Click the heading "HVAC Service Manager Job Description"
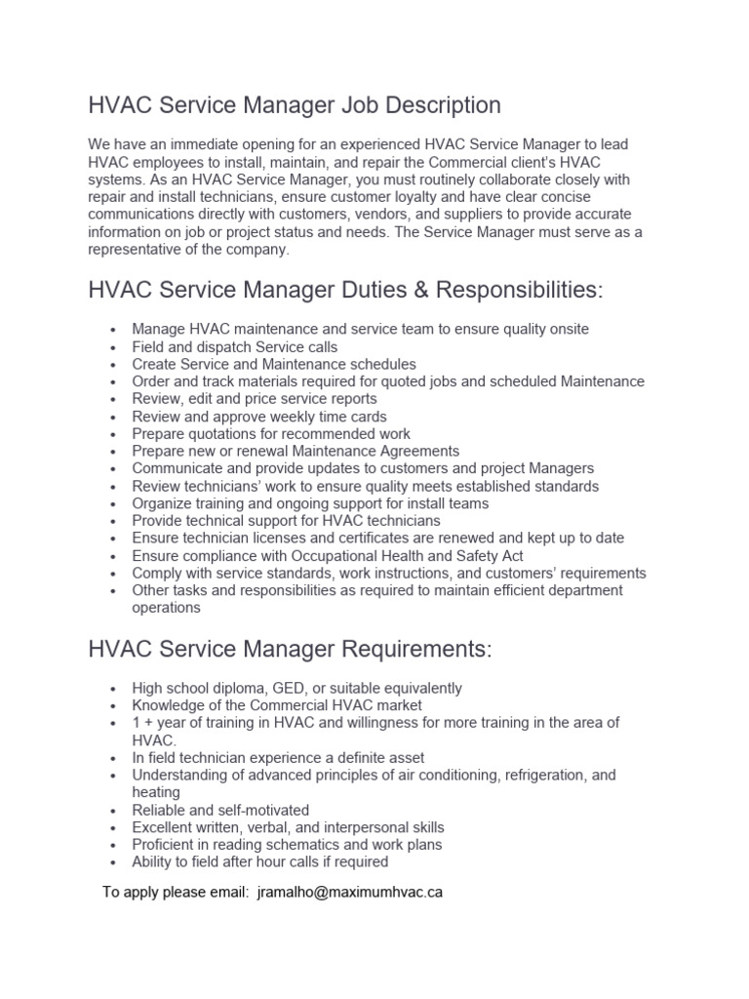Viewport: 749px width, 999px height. click(x=295, y=105)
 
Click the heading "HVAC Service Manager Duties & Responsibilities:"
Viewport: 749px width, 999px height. click(x=346, y=290)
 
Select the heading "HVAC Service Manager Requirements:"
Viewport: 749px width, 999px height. click(x=291, y=648)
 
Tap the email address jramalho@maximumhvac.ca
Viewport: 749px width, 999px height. click(x=350, y=892)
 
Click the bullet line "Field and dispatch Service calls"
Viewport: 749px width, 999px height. click(x=235, y=347)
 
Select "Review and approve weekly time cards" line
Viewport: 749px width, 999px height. click(x=259, y=417)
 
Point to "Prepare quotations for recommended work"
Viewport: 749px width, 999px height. click(x=271, y=434)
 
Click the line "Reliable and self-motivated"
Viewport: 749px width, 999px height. click(x=220, y=810)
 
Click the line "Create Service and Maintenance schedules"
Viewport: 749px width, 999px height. click(x=274, y=365)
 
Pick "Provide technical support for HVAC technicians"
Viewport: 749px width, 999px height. click(x=286, y=521)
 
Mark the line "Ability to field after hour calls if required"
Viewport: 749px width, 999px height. click(x=260, y=862)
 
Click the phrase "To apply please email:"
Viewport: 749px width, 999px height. click(x=176, y=892)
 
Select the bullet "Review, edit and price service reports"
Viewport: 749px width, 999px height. click(x=255, y=399)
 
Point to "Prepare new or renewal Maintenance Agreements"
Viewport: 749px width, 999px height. click(x=296, y=452)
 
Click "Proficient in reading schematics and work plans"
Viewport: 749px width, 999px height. click(x=287, y=845)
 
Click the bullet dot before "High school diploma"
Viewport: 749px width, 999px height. click(x=114, y=689)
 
